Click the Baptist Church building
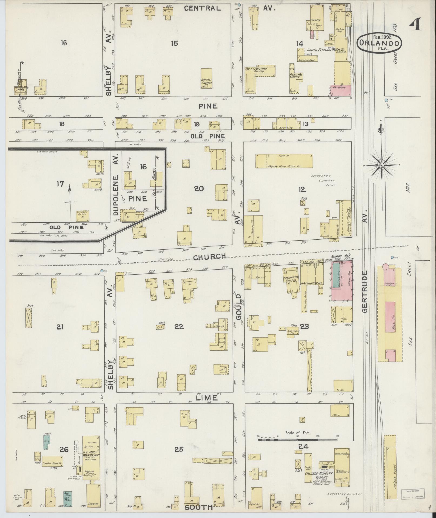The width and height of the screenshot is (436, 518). click(206, 78)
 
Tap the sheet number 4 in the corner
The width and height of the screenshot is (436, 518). click(415, 26)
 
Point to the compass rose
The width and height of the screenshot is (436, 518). click(381, 165)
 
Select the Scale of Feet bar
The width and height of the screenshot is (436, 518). click(298, 440)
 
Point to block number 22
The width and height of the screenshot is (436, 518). click(179, 327)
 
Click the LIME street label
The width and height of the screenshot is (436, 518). click(206, 398)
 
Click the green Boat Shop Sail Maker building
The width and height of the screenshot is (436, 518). click(68, 499)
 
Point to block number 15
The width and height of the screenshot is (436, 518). click(175, 43)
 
